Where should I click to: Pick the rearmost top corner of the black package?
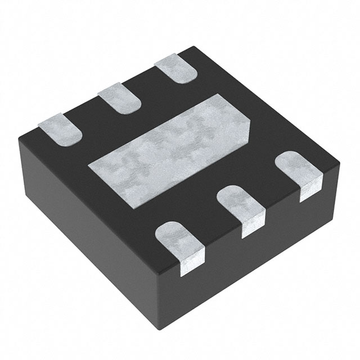pos(186,49)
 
